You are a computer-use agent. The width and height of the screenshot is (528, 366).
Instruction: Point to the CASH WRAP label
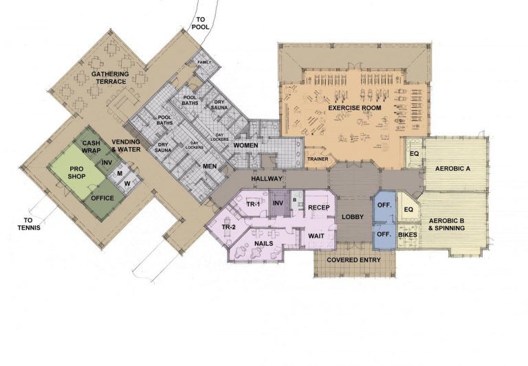click(92, 146)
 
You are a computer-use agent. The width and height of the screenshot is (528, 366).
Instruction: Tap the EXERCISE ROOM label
click(353, 108)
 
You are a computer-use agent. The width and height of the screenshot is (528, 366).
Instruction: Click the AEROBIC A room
click(450, 168)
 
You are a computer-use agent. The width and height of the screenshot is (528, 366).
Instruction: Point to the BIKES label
click(407, 235)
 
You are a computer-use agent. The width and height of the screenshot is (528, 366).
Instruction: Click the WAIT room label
click(318, 236)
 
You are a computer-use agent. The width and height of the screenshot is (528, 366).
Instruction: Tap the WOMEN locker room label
click(245, 146)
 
